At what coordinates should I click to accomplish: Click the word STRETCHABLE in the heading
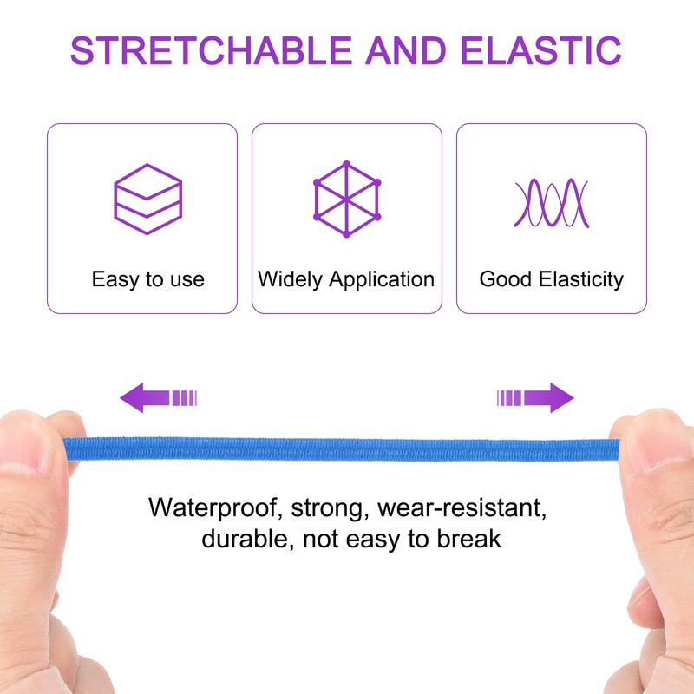click(211, 50)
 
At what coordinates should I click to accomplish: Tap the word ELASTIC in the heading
click(540, 50)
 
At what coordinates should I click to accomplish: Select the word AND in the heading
click(406, 50)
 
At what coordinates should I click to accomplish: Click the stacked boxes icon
click(147, 199)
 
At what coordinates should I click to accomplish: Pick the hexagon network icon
click(347, 199)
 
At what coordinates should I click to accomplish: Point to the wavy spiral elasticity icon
click(552, 203)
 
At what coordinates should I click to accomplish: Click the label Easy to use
click(147, 279)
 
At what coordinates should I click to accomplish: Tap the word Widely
click(291, 279)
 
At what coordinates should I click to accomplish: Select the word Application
click(382, 279)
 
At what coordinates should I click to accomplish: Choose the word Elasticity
click(581, 279)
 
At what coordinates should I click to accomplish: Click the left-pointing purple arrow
click(159, 397)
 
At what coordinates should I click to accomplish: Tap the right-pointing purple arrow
click(535, 397)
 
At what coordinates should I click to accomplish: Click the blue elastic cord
click(341, 449)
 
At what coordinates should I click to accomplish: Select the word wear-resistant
click(462, 507)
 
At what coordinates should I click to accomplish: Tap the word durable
click(248, 539)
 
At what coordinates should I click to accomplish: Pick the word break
click(469, 539)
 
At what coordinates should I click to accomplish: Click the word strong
click(331, 509)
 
